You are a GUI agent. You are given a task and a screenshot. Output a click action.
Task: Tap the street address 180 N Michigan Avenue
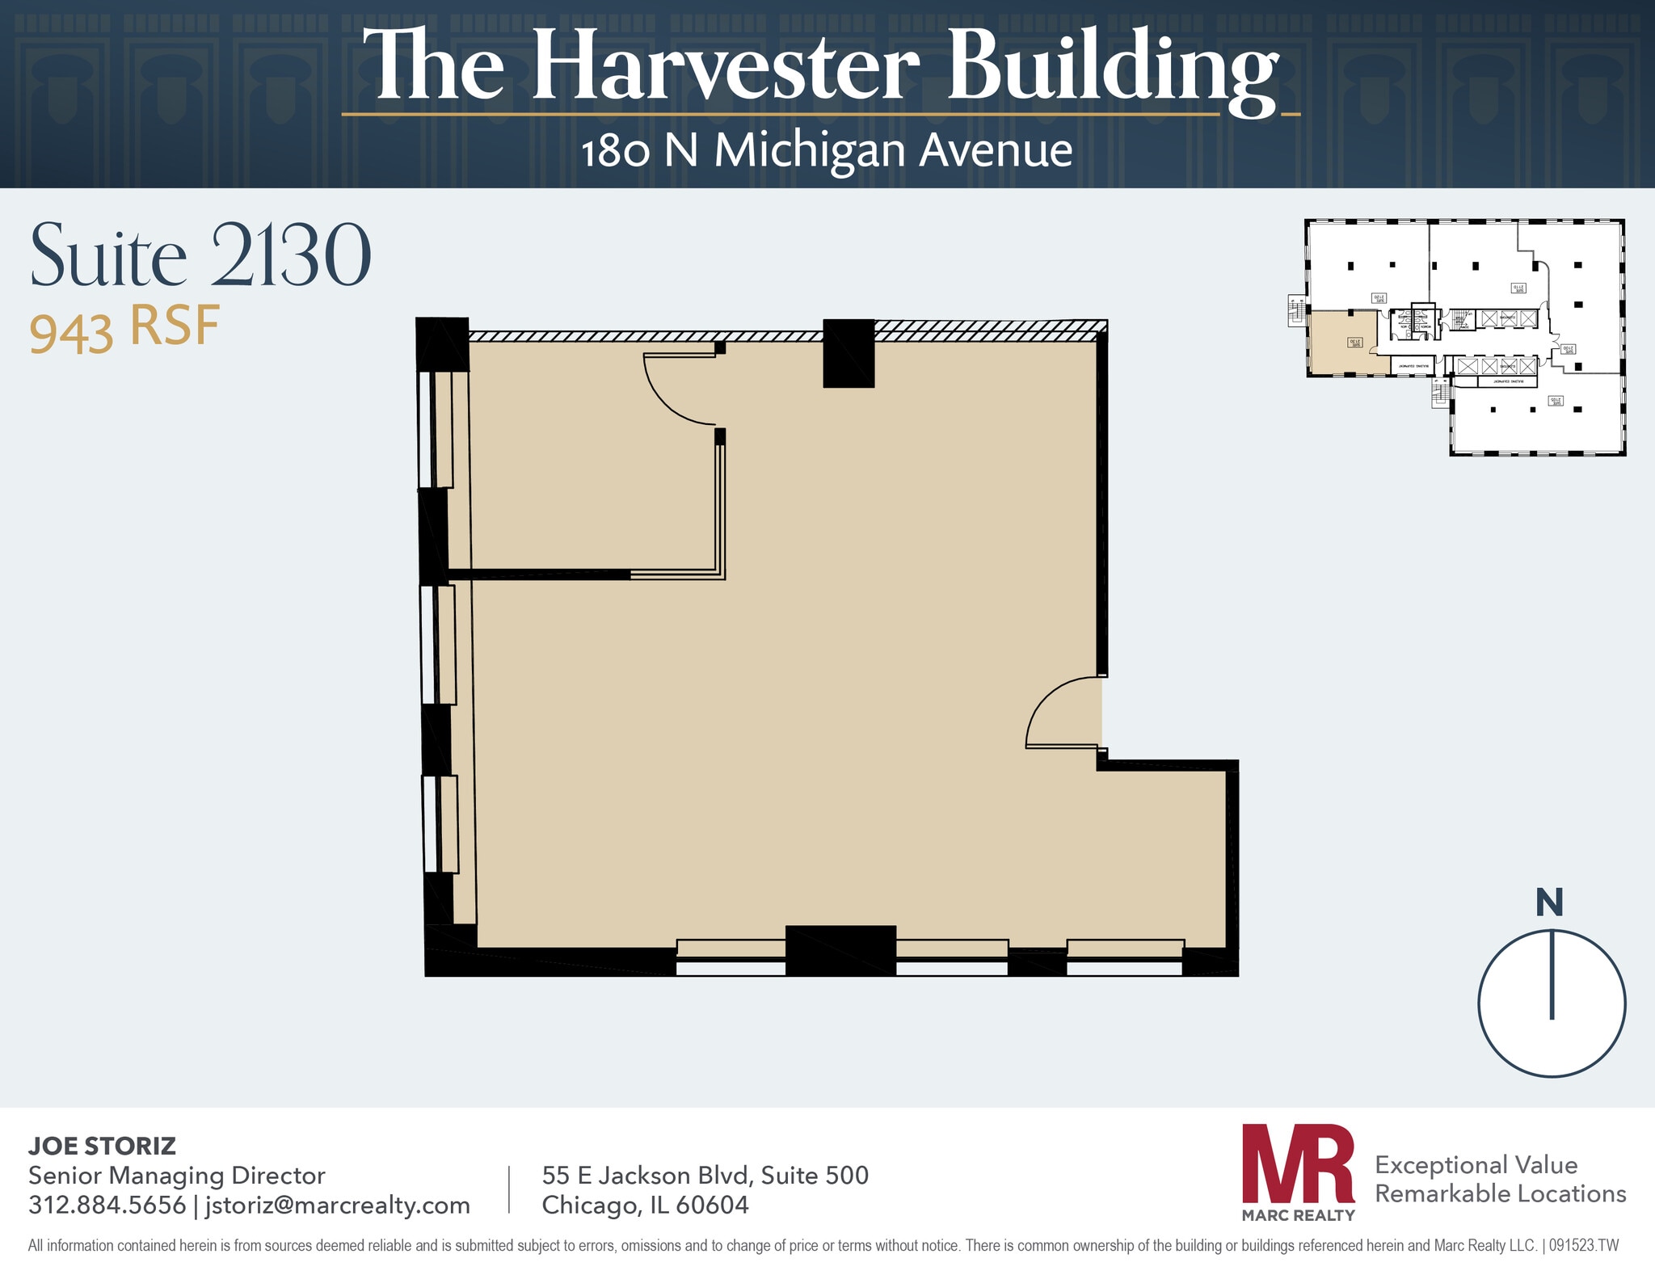tap(826, 151)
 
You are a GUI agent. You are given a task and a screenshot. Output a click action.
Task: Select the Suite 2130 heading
tap(200, 256)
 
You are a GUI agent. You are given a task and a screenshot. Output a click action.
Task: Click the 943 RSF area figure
tap(124, 329)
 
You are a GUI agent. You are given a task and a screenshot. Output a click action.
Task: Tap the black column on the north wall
tap(849, 353)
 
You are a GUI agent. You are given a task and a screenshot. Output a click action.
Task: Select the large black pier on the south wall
tap(840, 950)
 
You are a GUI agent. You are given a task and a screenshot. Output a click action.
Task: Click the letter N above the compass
tap(1549, 902)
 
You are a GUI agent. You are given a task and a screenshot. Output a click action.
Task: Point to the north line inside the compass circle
tap(1552, 974)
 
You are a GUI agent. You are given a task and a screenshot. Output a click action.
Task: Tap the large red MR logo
tap(1298, 1163)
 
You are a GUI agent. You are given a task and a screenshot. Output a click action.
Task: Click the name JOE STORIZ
tap(102, 1146)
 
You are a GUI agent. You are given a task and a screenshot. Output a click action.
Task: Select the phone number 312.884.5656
tap(107, 1205)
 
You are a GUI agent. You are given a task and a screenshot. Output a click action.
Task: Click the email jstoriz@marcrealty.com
tap(337, 1205)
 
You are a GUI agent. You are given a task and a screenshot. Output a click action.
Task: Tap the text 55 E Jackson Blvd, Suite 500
tap(705, 1175)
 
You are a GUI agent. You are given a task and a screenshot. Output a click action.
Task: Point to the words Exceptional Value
tap(1476, 1164)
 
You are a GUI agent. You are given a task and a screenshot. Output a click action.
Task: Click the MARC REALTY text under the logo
tap(1298, 1215)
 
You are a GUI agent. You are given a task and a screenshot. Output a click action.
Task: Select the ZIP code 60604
tap(712, 1205)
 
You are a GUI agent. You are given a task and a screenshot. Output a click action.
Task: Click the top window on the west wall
tap(434, 429)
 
